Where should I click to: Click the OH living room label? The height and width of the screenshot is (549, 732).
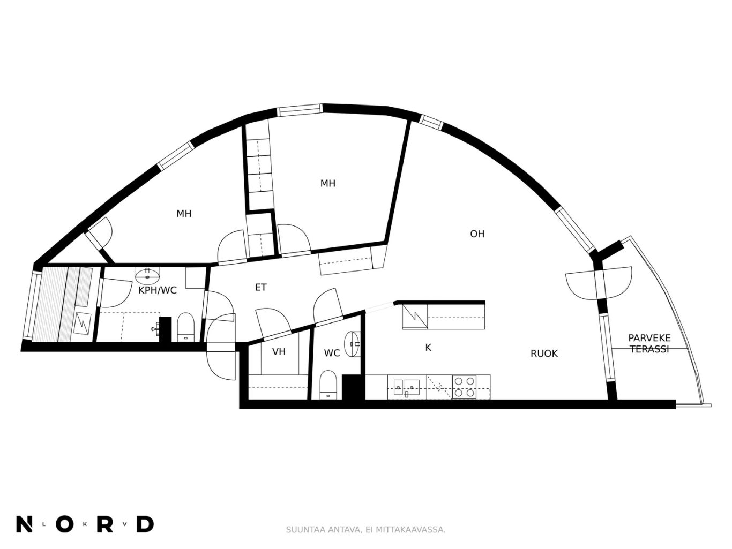coord(477,234)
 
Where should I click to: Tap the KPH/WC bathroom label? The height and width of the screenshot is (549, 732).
coord(158,290)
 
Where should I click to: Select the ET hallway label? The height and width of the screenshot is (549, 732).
coord(261,287)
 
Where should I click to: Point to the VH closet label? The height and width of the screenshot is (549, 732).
coord(279,352)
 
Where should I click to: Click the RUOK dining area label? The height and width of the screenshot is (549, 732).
coord(544,354)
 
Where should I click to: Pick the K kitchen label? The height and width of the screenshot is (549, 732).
coord(428,348)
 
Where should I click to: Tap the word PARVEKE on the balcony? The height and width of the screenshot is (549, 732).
coord(649,338)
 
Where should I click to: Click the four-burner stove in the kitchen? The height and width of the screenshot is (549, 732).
coord(464,387)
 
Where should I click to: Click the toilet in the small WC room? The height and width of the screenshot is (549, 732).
coord(329,385)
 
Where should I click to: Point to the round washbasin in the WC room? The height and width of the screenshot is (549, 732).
coord(352,344)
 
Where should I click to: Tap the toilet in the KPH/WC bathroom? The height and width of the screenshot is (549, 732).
coord(185,327)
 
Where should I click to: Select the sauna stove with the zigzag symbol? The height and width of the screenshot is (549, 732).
coord(83,324)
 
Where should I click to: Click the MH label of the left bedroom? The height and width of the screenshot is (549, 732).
coord(184,214)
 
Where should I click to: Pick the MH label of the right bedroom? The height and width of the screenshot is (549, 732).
coord(328,183)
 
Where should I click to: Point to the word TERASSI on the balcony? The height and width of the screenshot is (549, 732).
coord(649,349)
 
